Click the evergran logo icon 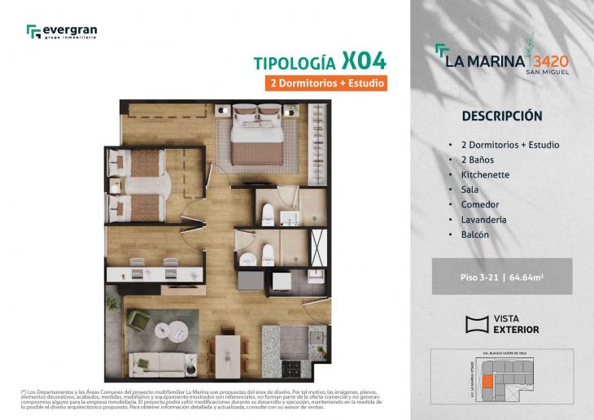click(x=33, y=32)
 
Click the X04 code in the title click(x=364, y=62)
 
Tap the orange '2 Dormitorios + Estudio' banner click(x=325, y=83)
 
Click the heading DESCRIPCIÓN click(x=501, y=116)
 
